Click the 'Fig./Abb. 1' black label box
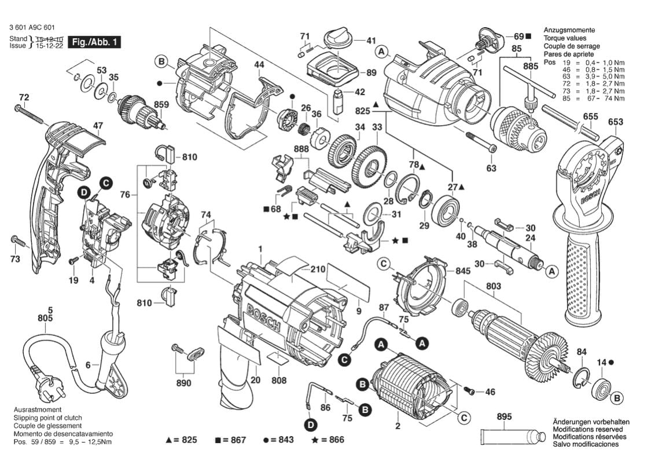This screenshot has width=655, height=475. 95,42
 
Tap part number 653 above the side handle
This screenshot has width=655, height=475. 616,122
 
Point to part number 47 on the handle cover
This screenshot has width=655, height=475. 98,126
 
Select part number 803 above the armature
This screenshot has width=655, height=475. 494,286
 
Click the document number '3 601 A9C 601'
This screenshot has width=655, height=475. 33,27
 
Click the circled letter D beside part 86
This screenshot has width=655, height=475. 312,426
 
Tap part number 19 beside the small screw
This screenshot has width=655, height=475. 73,280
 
